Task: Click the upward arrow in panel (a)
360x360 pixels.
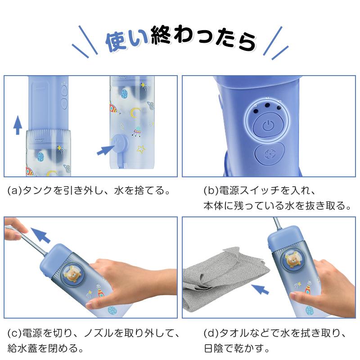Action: (x=17, y=125)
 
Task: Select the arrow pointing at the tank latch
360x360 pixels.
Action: (x=106, y=149)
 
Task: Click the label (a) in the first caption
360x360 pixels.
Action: (x=15, y=191)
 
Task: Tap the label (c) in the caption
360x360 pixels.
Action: (x=15, y=334)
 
